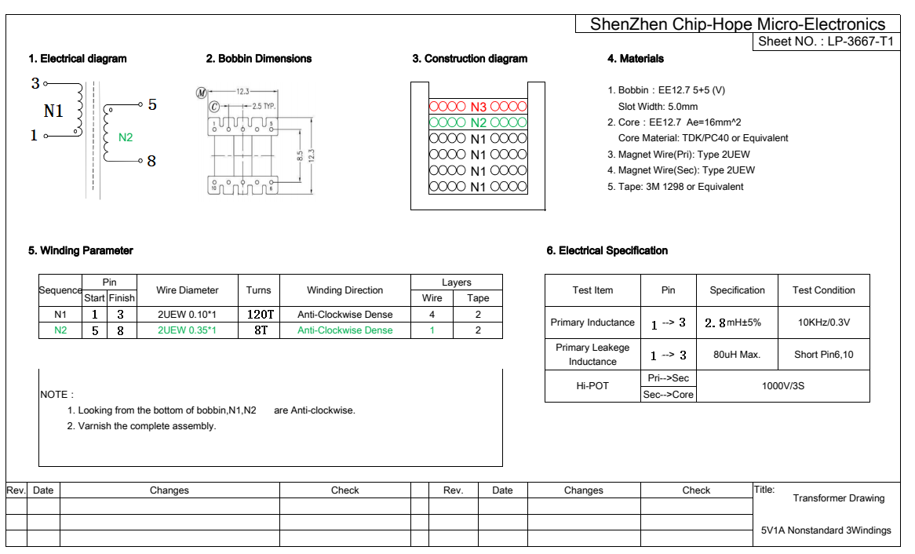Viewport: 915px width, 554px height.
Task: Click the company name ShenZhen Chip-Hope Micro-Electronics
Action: coord(737,24)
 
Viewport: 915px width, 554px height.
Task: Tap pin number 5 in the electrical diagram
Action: coord(151,104)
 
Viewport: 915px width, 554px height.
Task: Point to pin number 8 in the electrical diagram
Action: coord(151,161)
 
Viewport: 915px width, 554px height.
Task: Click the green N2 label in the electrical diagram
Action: coord(126,137)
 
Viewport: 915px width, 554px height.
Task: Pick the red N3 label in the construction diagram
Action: coord(478,107)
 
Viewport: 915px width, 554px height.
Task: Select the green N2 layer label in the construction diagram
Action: coord(478,122)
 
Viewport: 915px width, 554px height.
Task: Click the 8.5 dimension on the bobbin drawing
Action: coord(300,156)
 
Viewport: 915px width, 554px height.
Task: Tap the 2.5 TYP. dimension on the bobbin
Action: coord(264,106)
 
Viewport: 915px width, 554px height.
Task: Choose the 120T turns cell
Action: coord(259,314)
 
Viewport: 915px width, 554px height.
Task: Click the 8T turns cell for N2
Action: coord(259,330)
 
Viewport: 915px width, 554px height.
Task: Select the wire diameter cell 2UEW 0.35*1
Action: coord(187,330)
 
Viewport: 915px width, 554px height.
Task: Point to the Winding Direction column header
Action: coord(344,290)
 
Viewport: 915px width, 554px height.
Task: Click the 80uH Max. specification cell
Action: coord(737,355)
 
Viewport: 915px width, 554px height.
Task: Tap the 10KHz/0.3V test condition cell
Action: coord(823,323)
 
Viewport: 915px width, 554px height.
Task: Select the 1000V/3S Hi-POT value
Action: coord(782,386)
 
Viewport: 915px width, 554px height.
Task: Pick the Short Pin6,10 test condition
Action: coord(823,355)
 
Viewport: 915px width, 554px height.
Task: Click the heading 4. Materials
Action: coord(635,59)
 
